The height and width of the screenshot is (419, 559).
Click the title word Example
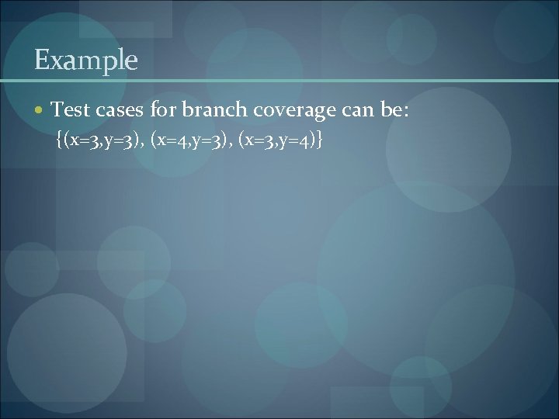(86, 60)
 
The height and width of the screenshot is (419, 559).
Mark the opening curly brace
(61, 140)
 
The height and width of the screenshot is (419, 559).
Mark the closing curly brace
(320, 140)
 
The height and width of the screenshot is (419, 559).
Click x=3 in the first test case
(82, 140)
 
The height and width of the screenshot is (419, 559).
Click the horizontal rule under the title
(279, 80)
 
